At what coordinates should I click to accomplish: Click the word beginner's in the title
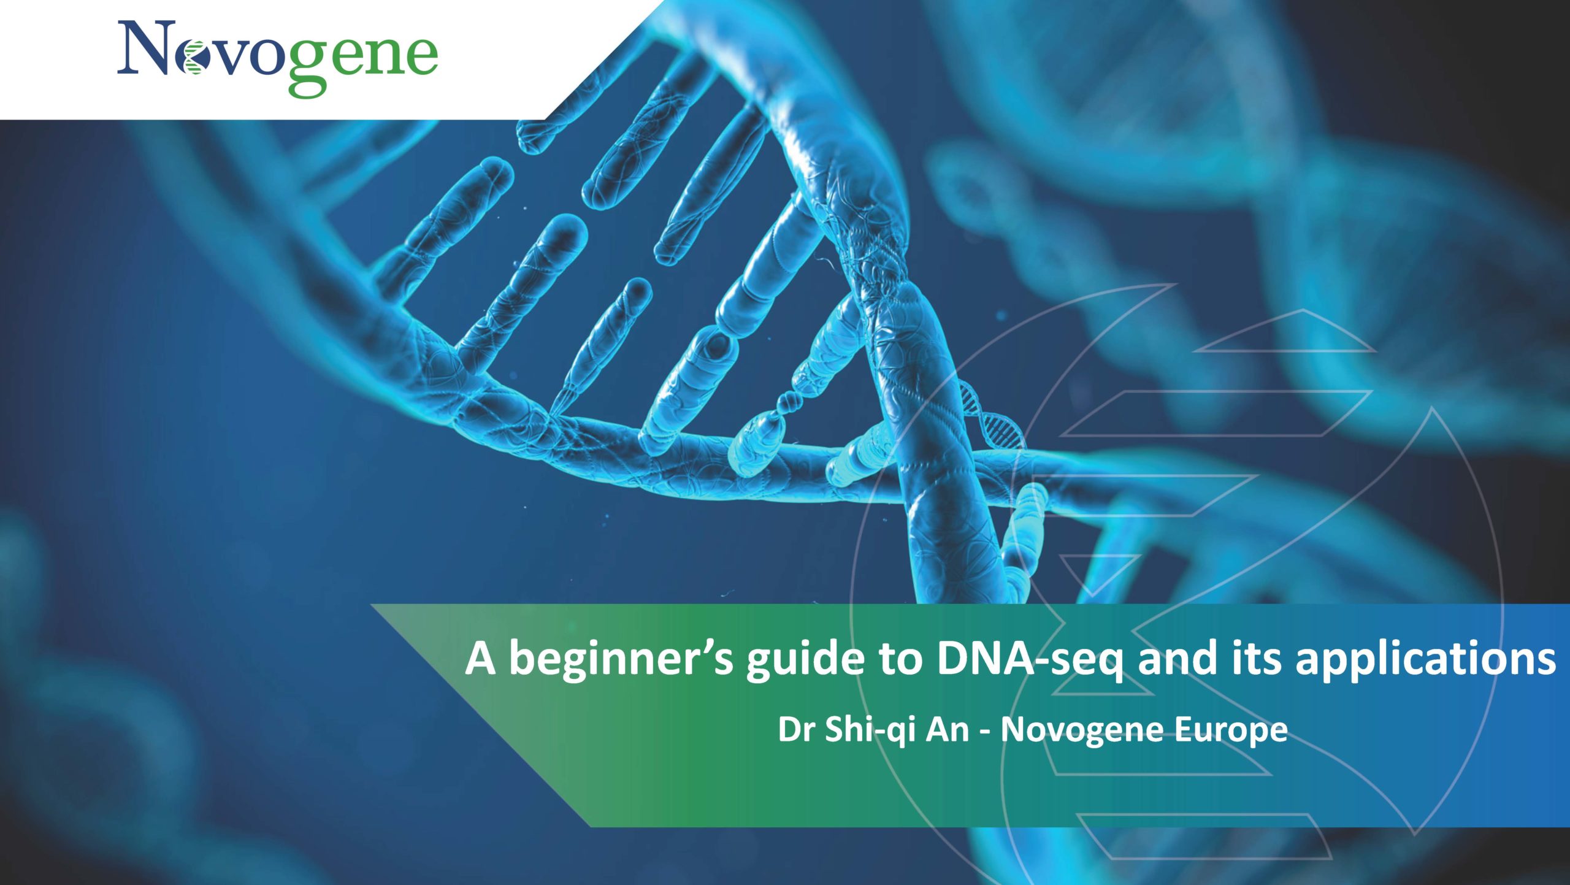coord(621,660)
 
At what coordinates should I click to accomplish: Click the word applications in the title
coord(1425,661)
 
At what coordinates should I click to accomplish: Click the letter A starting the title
coord(480,659)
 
